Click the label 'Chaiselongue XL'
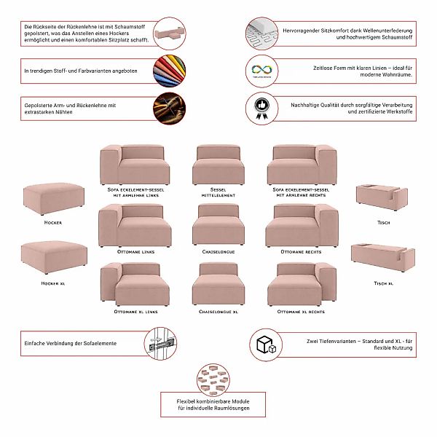coord(218,312)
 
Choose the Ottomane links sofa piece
coord(135,226)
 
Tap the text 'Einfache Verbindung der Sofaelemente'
coord(70,343)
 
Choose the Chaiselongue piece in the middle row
coord(218,226)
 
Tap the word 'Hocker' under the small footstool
coord(52,222)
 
